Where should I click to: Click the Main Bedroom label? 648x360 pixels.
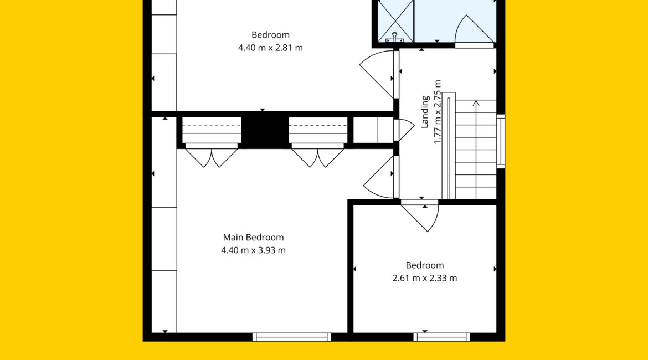(x=253, y=237)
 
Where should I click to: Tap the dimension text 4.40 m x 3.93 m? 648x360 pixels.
(x=253, y=250)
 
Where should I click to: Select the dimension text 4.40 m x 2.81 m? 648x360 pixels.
(x=270, y=48)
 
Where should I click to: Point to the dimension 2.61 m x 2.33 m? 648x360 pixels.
(x=425, y=278)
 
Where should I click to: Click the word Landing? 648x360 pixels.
(x=425, y=112)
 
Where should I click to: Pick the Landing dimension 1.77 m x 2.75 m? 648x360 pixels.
(x=438, y=112)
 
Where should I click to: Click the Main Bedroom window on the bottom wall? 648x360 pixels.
(x=292, y=337)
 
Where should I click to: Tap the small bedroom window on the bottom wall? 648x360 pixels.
(x=442, y=337)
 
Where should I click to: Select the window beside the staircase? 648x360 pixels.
(x=501, y=141)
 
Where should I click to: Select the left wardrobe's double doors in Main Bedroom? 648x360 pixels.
(x=211, y=158)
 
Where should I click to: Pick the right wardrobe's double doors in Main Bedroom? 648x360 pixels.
(x=317, y=158)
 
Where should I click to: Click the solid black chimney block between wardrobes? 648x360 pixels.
(x=265, y=130)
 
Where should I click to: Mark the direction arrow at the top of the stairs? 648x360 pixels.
(x=476, y=104)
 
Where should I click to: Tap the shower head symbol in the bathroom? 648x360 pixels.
(x=395, y=38)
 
